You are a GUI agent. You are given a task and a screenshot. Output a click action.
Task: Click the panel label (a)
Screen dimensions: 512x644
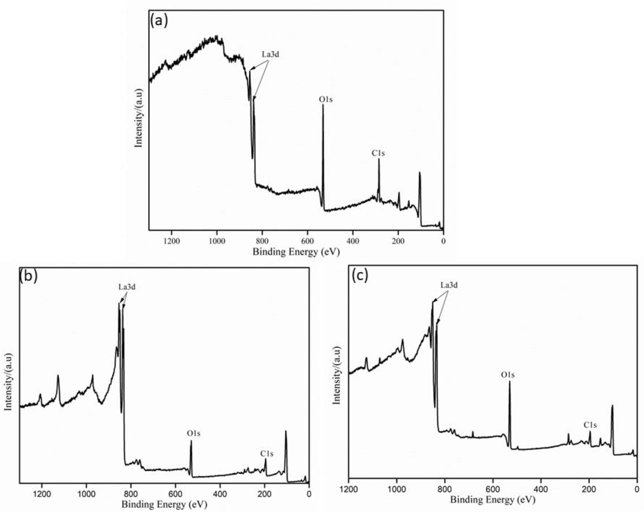pos(159,21)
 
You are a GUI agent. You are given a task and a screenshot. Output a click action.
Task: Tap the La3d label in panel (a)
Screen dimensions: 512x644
pos(270,54)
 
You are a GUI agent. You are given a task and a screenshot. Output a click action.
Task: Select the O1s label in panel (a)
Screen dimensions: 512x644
pos(326,100)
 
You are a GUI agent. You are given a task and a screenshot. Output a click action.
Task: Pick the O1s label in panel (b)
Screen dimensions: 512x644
pos(193,433)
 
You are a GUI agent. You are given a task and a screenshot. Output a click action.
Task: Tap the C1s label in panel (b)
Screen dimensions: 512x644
pos(267,454)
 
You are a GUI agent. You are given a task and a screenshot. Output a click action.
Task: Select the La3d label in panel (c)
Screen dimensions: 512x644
pos(449,285)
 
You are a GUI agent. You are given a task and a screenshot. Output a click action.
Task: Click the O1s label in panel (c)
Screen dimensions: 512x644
pos(508,375)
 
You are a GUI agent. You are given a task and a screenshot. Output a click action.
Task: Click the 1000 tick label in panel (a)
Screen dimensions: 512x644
pos(217,241)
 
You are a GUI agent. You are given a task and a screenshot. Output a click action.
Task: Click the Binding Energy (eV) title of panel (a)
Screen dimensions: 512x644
pos(296,252)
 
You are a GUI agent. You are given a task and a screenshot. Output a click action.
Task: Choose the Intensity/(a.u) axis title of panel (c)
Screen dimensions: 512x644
pos(337,376)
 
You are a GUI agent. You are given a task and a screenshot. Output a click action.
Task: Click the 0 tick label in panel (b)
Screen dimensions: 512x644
pos(309,494)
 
